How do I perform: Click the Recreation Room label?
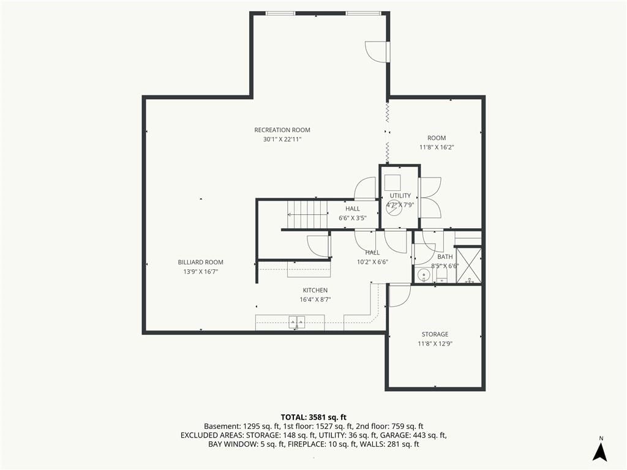tap(282, 130)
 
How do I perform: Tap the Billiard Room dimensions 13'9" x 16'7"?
tap(200, 272)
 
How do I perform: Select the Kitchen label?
tap(315, 290)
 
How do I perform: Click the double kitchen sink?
tap(297, 321)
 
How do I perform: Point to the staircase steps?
tap(307, 215)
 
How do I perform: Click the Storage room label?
tap(435, 334)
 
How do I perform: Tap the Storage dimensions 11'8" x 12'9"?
tap(435, 344)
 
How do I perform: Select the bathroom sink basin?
tap(424, 275)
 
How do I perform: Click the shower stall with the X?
tap(468, 266)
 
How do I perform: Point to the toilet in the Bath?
tap(441, 275)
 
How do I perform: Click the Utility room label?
tap(400, 195)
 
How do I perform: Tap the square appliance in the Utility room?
tap(392, 182)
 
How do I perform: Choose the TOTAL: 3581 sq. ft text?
tap(313, 418)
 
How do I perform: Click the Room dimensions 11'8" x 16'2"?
tap(437, 147)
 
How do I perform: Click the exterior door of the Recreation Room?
tap(378, 51)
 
